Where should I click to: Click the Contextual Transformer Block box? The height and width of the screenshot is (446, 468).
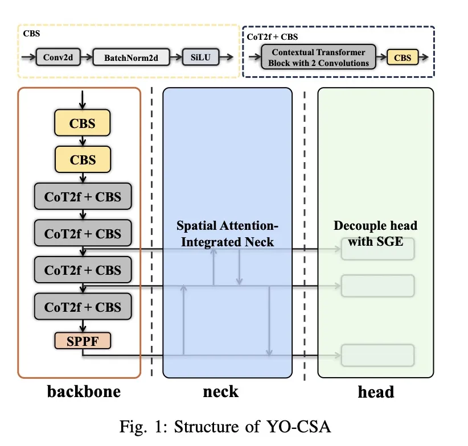318,57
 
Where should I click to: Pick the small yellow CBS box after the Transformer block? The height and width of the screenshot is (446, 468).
403,57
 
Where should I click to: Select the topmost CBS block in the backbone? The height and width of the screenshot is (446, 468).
83,123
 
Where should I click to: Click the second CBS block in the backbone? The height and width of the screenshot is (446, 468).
83,160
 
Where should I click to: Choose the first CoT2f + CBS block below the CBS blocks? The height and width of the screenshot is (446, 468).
83,197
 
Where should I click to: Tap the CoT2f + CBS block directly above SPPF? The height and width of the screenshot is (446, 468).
83,307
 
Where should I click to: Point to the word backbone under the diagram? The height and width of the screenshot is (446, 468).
84,391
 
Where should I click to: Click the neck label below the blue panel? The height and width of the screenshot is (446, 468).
220,391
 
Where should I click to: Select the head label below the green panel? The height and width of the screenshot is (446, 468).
376,391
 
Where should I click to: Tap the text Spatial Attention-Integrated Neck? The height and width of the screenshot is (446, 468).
227,234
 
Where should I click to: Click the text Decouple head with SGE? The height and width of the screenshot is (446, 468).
375,233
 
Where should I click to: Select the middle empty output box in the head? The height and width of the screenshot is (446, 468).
377,285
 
